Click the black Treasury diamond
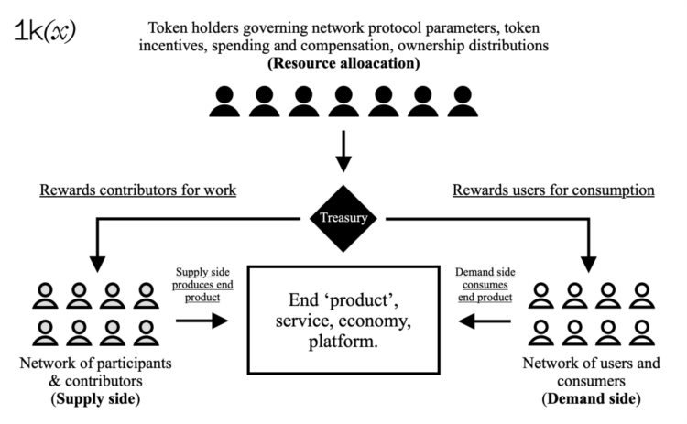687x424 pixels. (343, 219)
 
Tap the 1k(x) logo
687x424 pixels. (45, 29)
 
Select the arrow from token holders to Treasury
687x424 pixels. (343, 150)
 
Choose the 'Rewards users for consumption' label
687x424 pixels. (552, 190)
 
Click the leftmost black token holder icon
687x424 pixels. (224, 102)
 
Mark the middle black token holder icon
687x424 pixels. (344, 102)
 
